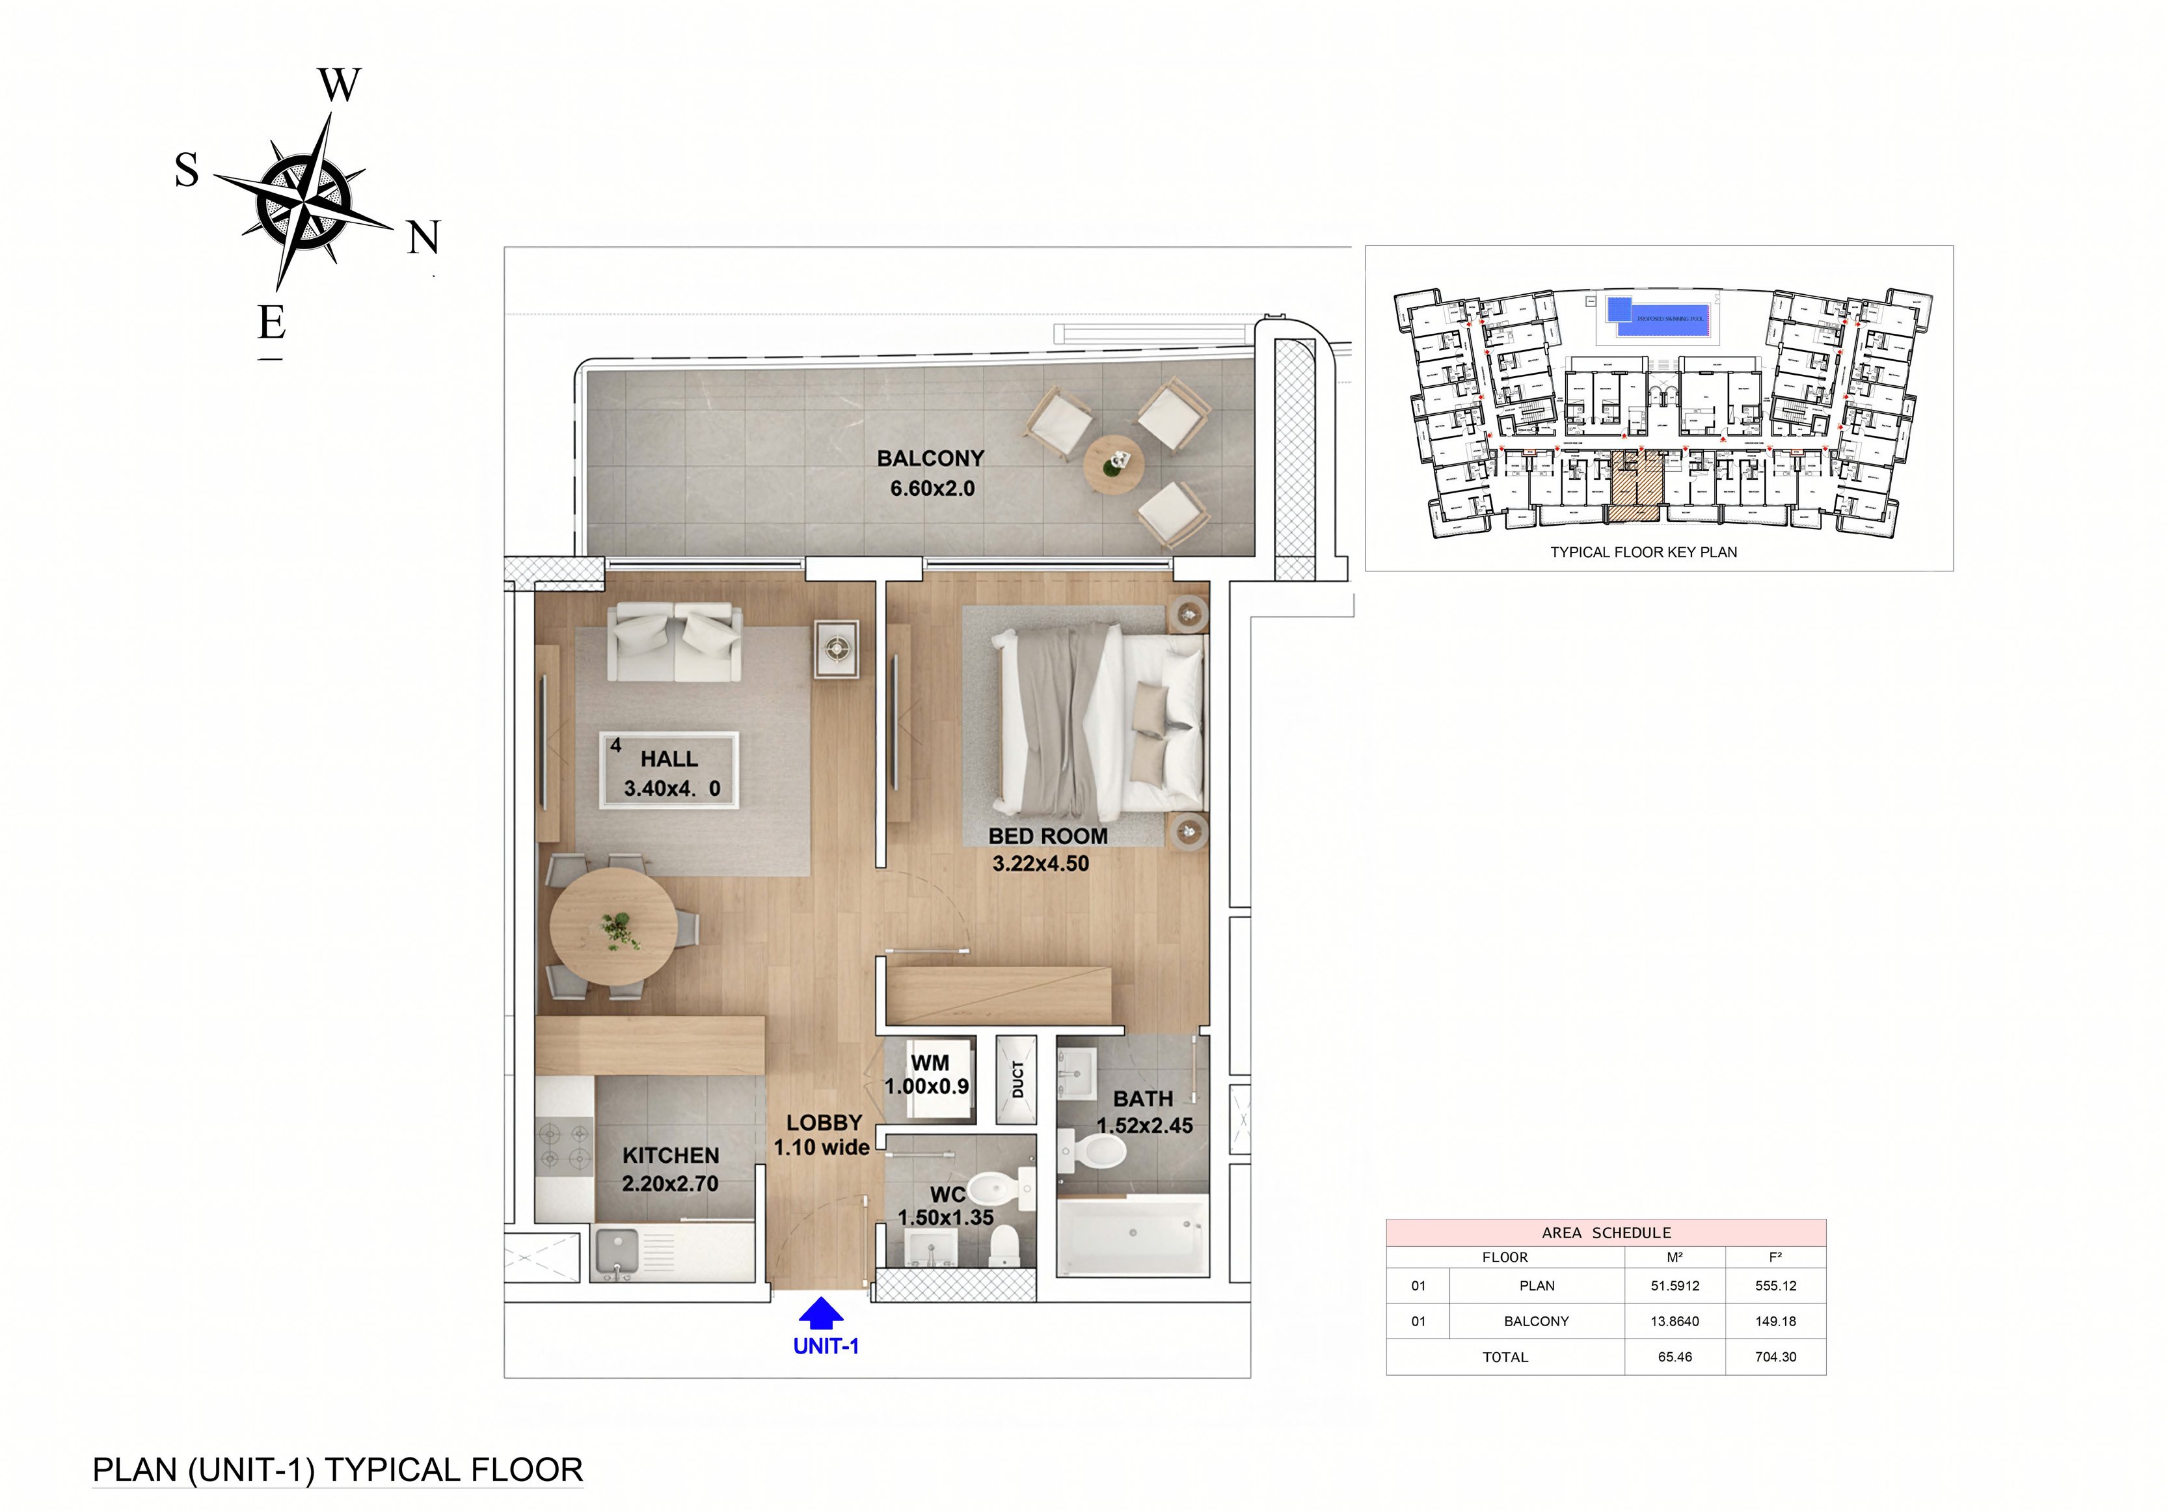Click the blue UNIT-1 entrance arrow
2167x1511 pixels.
[x=820, y=1314]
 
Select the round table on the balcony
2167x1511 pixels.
[x=1114, y=465]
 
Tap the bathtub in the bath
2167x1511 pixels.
[x=1131, y=1234]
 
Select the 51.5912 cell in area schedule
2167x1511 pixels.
[x=1675, y=1285]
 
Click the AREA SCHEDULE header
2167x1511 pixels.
[x=1606, y=1232]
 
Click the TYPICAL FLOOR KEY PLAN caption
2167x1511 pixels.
[x=1643, y=552]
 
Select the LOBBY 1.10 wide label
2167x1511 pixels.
[x=822, y=1134]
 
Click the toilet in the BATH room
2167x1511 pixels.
[x=1097, y=1151]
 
